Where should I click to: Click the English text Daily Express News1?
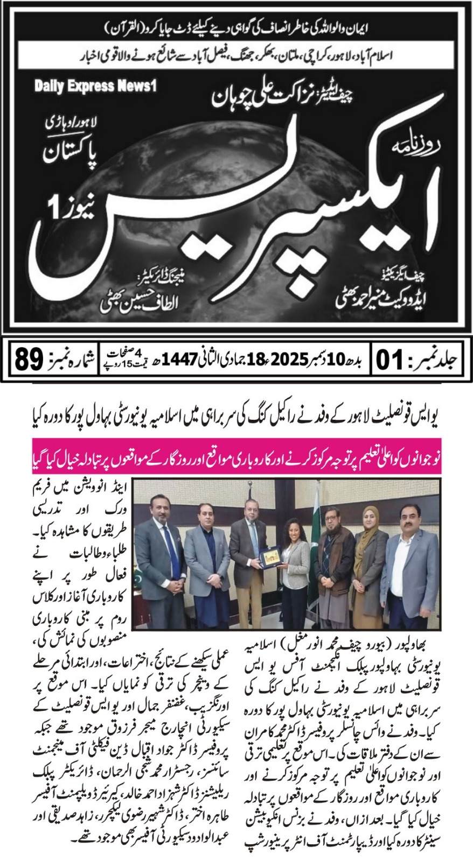point(95,86)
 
